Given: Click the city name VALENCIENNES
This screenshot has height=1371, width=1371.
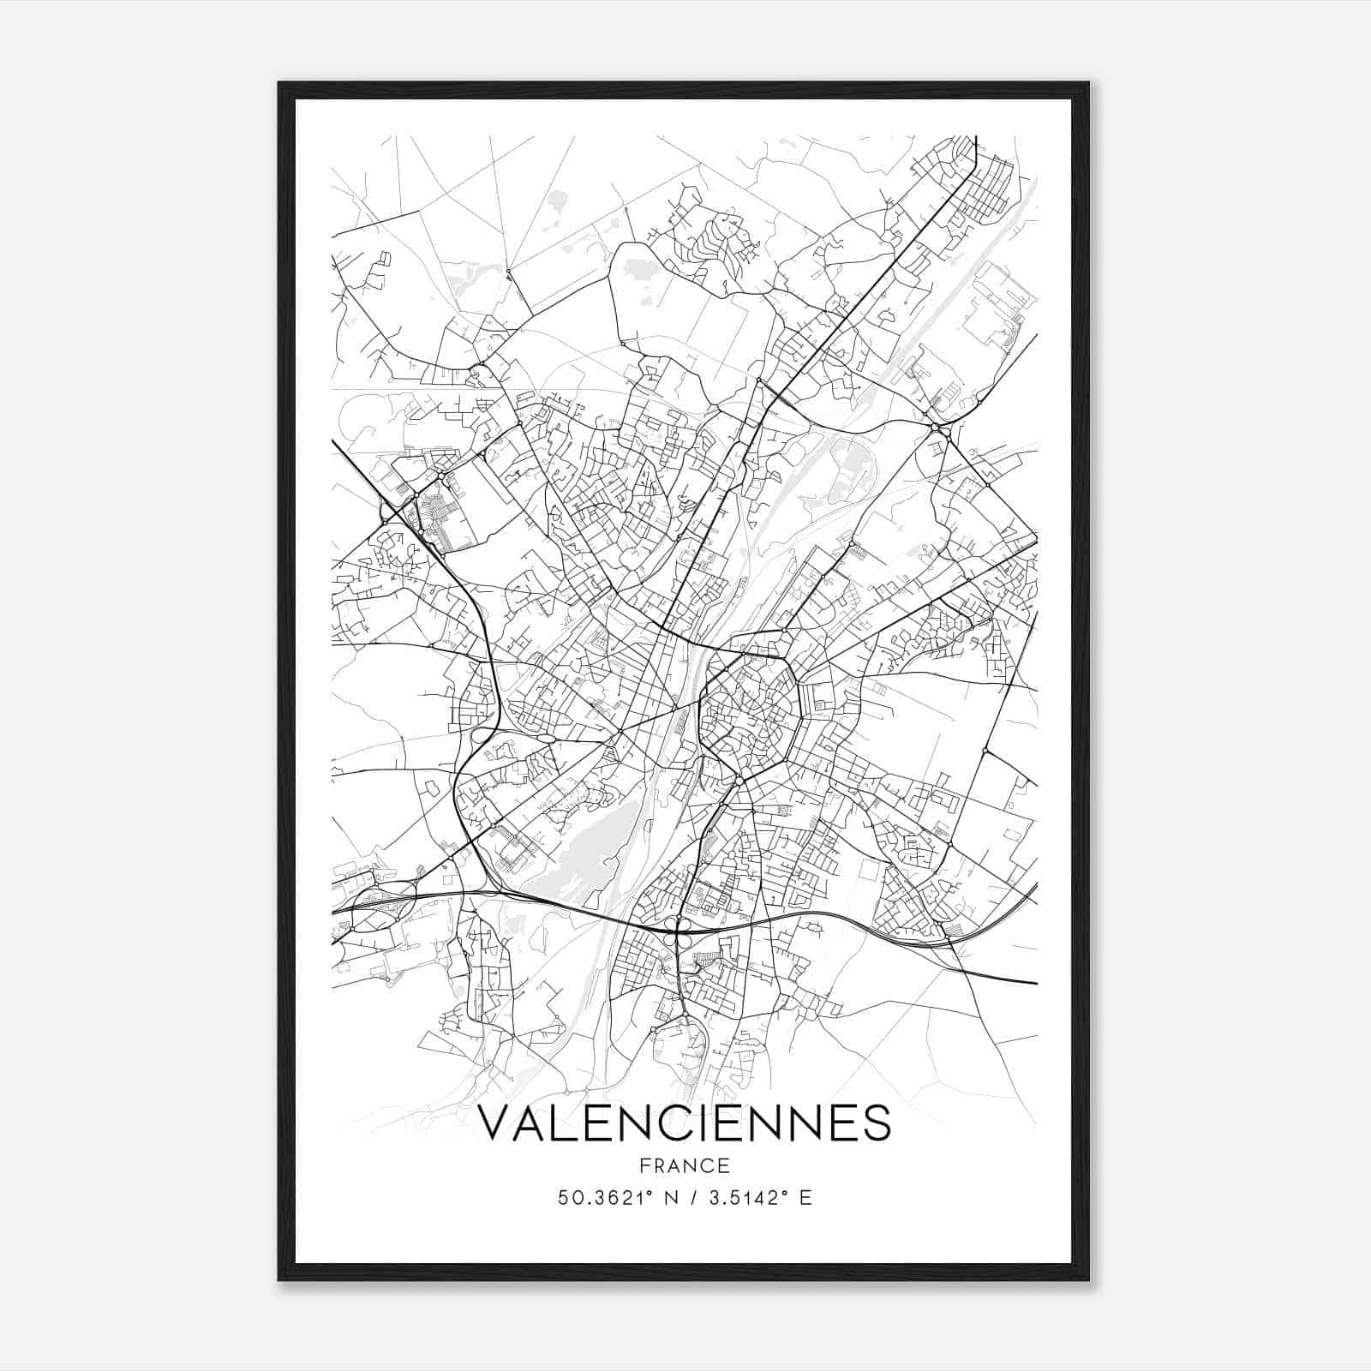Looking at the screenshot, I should pyautogui.click(x=684, y=1124).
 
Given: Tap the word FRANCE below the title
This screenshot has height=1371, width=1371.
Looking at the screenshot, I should pyautogui.click(x=684, y=1165).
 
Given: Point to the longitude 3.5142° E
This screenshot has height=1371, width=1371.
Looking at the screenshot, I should pyautogui.click(x=759, y=1198).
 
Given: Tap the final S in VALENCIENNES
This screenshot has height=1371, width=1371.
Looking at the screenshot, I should pyautogui.click(x=878, y=1124).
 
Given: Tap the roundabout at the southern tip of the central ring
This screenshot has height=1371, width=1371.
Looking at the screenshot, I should pyautogui.click(x=739, y=781).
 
